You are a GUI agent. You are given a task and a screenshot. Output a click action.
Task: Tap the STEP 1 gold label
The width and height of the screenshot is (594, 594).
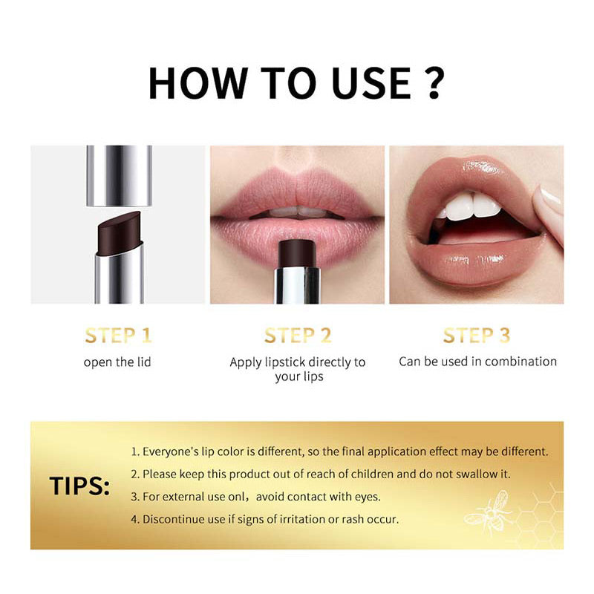point(118,336)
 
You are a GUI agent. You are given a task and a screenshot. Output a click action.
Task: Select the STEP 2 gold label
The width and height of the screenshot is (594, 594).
point(297,336)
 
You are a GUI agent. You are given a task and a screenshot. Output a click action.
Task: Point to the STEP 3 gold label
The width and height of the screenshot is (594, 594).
point(477,336)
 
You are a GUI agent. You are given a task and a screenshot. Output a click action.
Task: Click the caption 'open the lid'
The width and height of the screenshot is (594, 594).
point(118,362)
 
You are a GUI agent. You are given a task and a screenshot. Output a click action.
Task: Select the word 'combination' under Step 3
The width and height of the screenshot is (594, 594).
point(521,362)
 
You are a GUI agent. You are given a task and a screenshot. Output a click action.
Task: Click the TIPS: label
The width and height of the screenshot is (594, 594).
point(79,486)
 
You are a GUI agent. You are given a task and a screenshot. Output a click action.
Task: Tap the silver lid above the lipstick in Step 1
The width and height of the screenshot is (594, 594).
point(119,174)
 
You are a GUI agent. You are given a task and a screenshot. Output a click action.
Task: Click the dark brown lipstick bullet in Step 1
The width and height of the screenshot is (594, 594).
point(117,232)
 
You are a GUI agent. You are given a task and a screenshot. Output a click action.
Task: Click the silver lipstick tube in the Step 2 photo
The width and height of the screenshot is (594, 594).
point(297,286)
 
